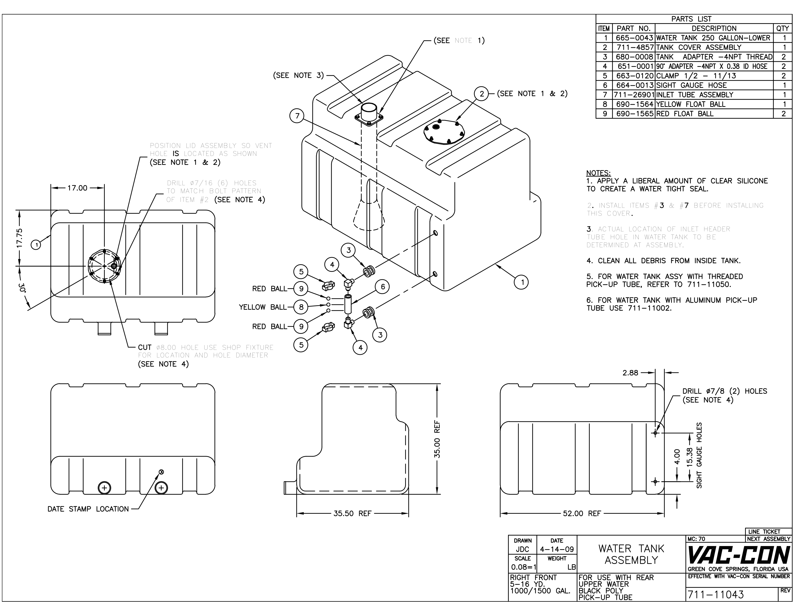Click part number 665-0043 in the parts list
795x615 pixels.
(x=634, y=38)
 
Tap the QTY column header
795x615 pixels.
(x=783, y=28)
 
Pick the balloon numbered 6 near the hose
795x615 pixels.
(x=383, y=287)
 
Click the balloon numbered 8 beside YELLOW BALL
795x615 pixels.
(x=301, y=307)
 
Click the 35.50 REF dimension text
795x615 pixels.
(x=352, y=513)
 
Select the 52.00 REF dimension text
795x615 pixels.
(x=582, y=513)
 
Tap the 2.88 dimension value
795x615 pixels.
(x=630, y=373)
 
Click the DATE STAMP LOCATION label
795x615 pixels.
(x=88, y=509)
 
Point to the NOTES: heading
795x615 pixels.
(x=598, y=173)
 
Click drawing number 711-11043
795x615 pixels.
(x=715, y=594)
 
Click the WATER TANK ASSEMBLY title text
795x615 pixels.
(x=631, y=554)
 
